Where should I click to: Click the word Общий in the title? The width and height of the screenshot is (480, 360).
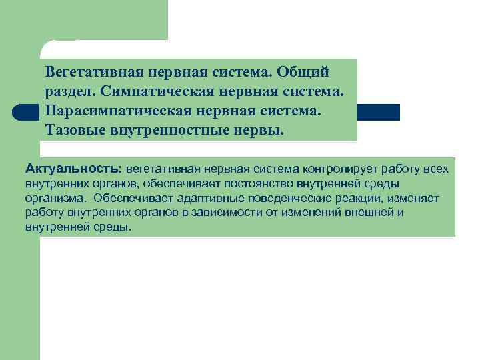(x=307, y=71)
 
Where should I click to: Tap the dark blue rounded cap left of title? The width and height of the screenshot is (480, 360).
(x=23, y=112)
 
